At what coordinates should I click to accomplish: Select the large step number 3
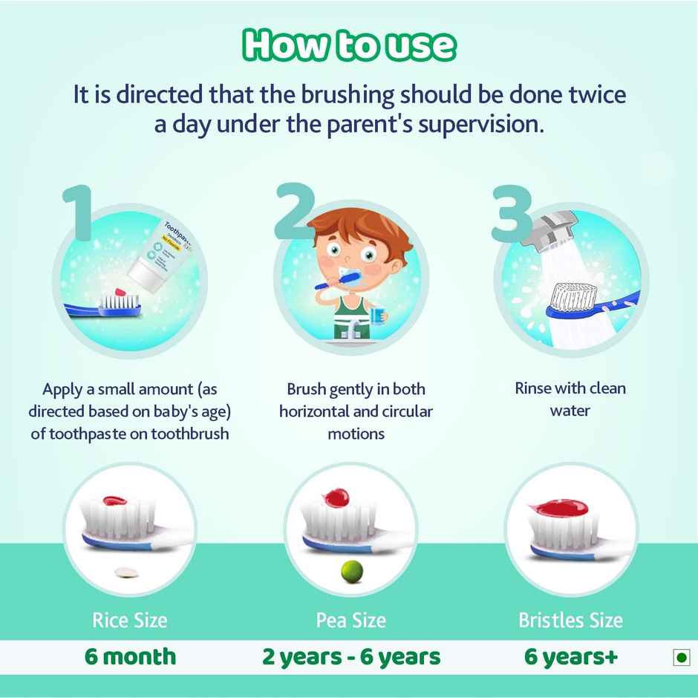pyautogui.click(x=512, y=212)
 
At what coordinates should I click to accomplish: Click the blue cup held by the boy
pyautogui.click(x=377, y=315)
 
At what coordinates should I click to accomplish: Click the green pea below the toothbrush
pyautogui.click(x=350, y=570)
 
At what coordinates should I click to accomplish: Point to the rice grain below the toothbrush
pyautogui.click(x=128, y=572)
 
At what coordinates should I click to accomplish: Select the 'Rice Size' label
pyautogui.click(x=130, y=620)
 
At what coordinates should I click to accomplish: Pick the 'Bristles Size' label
pyautogui.click(x=570, y=620)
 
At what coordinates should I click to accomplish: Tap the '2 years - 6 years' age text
pyautogui.click(x=351, y=656)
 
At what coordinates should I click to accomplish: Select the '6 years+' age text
pyautogui.click(x=570, y=656)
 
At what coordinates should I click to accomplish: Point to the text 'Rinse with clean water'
pyautogui.click(x=570, y=399)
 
